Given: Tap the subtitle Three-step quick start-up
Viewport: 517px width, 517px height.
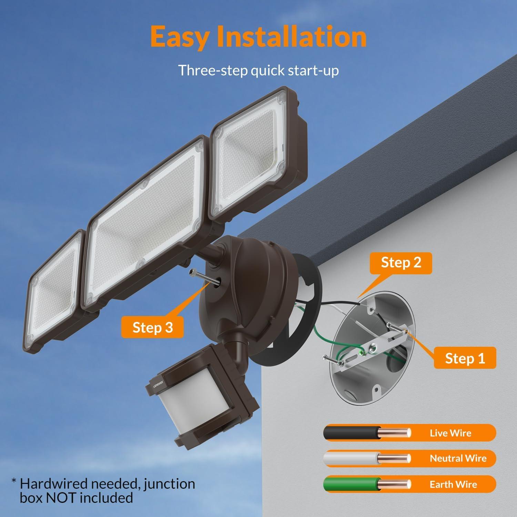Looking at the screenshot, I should (x=258, y=70).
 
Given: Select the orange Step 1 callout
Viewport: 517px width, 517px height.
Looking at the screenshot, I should (x=465, y=358).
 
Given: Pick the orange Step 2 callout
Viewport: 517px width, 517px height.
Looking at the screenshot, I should (x=401, y=263).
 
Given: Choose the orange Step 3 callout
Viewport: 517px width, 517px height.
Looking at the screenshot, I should (x=152, y=327).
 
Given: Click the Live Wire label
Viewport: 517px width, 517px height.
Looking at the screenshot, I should (x=450, y=433).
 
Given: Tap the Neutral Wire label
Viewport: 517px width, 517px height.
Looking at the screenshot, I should (x=458, y=458).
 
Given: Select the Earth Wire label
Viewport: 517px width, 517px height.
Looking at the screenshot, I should (x=453, y=484).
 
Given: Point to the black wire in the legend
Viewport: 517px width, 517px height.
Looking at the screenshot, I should (x=348, y=433).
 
